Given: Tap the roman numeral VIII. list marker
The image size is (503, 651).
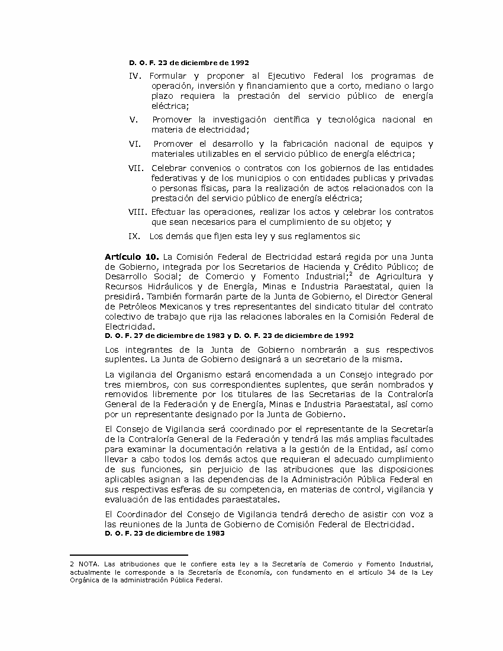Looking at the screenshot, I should (x=140, y=212).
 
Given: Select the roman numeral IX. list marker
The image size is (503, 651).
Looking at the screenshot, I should (x=134, y=236).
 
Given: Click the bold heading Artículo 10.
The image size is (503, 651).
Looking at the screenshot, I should (x=131, y=257).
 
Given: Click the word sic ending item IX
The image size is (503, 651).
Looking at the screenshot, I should (x=354, y=236).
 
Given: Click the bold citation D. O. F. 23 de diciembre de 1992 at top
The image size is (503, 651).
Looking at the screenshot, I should (x=189, y=62).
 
